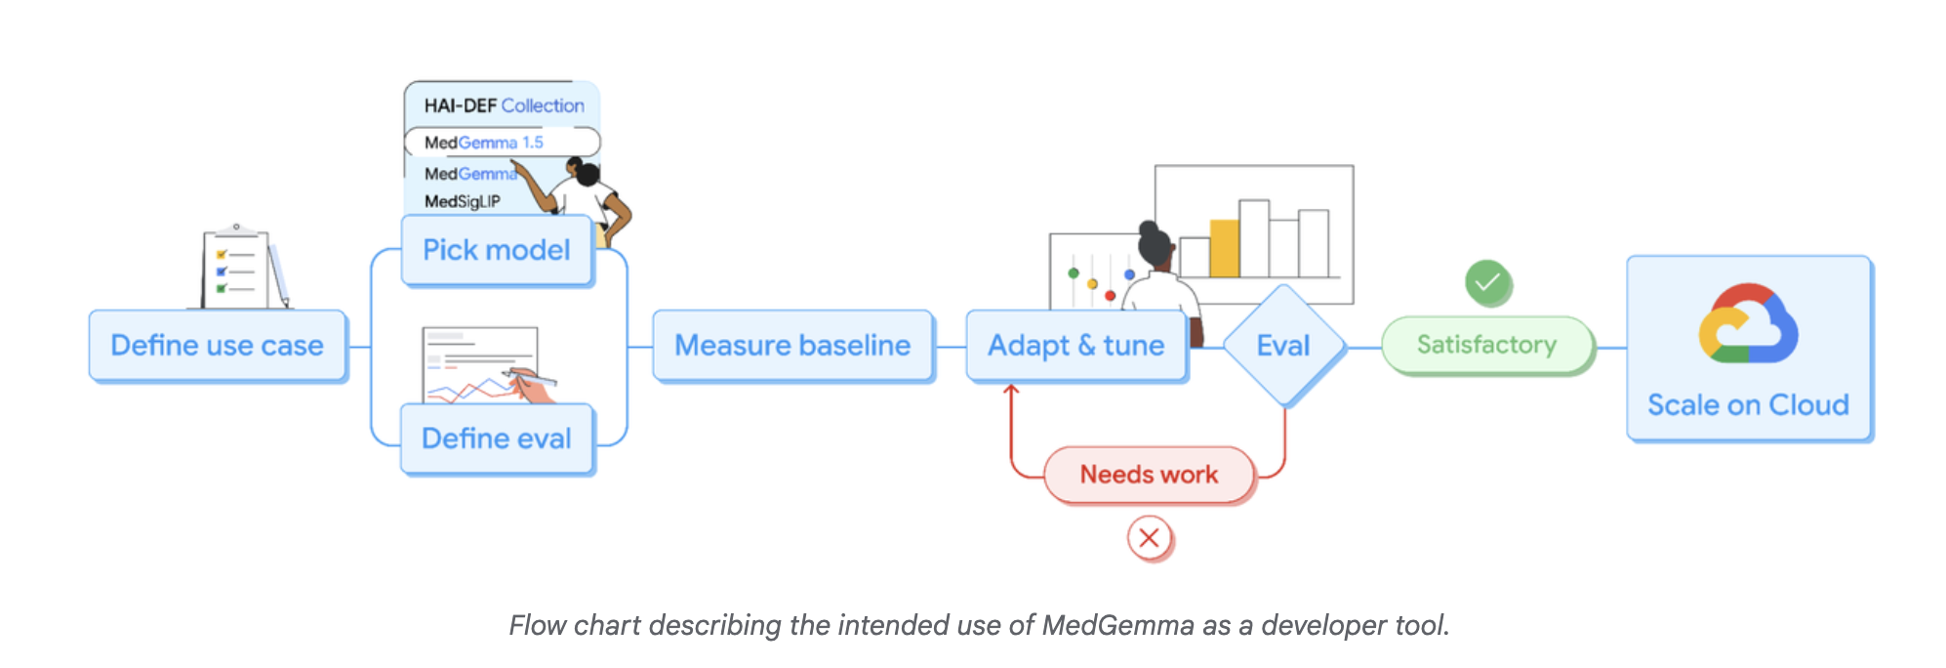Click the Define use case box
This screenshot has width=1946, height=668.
217,346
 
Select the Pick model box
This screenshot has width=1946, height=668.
496,250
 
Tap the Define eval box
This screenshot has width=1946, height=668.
496,438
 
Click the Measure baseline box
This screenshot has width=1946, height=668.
791,346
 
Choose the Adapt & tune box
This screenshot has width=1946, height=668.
1075,346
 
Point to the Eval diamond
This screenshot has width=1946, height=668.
1282,346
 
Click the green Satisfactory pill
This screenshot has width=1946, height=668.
1486,345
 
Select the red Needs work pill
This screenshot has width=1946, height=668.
1149,475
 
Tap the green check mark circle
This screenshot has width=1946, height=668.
1487,283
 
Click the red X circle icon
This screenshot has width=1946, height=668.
1149,538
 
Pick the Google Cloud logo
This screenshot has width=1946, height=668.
1747,324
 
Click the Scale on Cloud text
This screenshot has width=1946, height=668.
1747,405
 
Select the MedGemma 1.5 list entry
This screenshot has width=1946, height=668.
484,143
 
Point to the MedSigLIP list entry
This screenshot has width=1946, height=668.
463,201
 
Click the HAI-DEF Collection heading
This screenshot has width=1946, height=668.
504,105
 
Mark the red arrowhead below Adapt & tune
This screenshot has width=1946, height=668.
1011,391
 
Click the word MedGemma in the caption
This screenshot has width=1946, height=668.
1117,625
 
